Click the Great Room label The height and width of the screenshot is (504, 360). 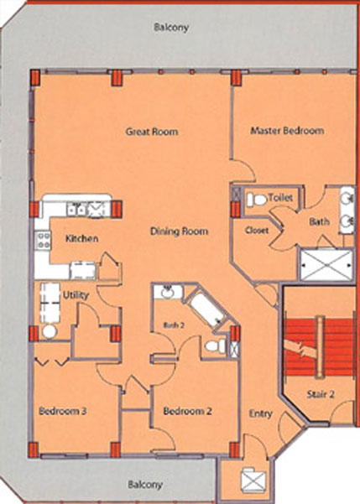(152, 132)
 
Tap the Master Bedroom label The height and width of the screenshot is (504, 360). (287, 131)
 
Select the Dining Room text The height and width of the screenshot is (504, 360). (180, 231)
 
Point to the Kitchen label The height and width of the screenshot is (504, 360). (81, 239)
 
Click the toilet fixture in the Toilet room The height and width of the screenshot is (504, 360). (257, 200)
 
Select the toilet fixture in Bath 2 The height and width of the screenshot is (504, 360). (216, 346)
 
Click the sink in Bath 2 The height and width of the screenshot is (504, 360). (168, 292)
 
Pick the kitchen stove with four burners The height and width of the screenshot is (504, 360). (43, 241)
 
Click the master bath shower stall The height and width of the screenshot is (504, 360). (326, 265)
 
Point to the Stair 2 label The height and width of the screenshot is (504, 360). (321, 394)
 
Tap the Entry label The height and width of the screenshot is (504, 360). (261, 413)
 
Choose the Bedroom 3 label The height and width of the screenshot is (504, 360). (62, 411)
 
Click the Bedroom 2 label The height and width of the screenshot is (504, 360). (187, 411)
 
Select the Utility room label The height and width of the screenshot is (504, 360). (76, 295)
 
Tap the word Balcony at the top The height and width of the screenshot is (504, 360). (171, 28)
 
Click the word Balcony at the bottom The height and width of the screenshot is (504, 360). (145, 485)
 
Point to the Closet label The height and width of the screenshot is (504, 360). (257, 230)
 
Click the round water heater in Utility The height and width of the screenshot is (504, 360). (50, 331)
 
